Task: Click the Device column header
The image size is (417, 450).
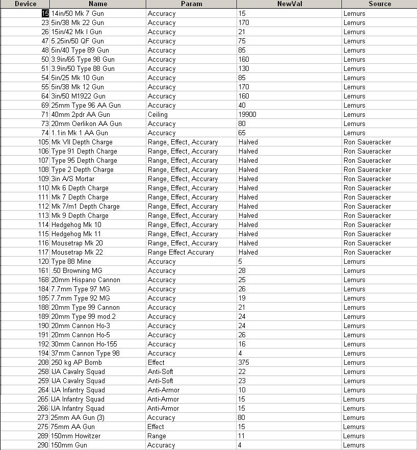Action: pos(25,4)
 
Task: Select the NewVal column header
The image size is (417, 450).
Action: pos(289,4)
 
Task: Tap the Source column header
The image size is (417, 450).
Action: pos(379,4)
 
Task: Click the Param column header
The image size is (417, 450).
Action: pos(191,4)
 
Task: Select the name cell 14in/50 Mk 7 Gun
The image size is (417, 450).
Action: pos(77,13)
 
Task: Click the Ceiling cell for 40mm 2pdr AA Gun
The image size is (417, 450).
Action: pos(158,114)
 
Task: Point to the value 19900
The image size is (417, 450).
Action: pos(247,114)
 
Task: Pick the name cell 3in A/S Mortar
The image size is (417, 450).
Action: pos(73,179)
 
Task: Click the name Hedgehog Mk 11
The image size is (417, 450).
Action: pos(76,234)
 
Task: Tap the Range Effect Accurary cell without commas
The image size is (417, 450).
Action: pos(181,252)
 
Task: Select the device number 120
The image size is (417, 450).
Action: pos(43,261)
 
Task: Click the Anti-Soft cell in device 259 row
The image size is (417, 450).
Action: pos(160,381)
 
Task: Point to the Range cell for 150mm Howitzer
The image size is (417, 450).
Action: pos(157,436)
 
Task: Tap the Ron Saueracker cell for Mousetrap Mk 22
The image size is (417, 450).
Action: pos(367,252)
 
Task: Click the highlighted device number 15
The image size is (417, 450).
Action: pos(45,13)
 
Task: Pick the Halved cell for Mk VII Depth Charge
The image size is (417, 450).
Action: pos(248,142)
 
